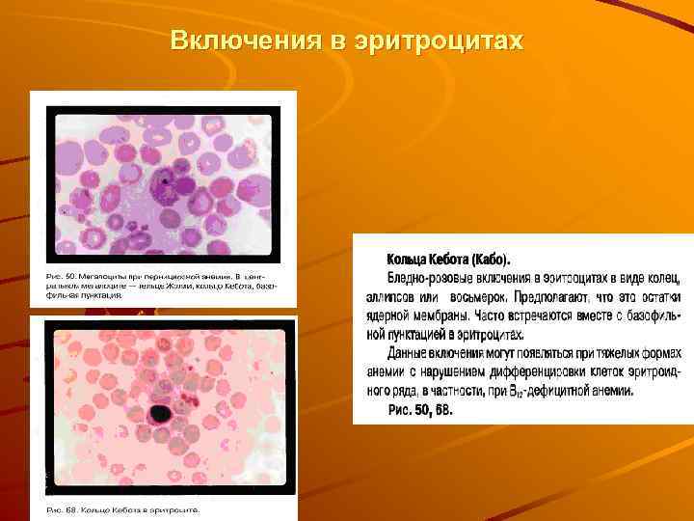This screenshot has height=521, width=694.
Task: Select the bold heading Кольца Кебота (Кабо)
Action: tap(449, 260)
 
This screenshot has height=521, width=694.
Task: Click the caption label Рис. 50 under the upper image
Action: tap(63, 276)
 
